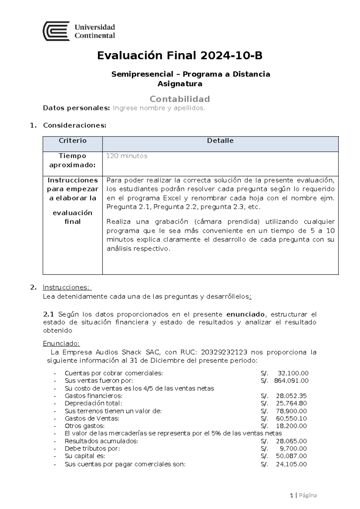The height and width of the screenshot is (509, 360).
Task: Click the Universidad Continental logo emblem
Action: pos(56,31)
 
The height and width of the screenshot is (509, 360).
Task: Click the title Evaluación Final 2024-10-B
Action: pos(180,56)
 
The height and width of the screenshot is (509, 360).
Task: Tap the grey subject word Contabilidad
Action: pos(180,99)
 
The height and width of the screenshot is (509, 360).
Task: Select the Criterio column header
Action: pos(73,140)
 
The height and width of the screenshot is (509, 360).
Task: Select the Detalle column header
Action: pos(220,140)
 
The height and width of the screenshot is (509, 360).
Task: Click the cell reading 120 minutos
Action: pos(127,156)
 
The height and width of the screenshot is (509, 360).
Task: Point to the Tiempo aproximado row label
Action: pos(73,160)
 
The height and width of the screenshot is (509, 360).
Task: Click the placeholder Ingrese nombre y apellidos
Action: pos(159,108)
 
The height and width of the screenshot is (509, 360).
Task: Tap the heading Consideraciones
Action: pos(75,125)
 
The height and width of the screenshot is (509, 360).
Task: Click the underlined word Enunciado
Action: pos(61,343)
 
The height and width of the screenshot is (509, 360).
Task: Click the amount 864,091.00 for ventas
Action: pos(291,381)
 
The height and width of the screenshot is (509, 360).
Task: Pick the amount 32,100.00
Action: pos(293,373)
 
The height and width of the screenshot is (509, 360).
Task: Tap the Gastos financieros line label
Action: pos(93,396)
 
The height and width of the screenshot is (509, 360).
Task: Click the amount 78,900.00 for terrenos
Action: pos(291,411)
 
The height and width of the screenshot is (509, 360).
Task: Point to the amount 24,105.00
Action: pos(291,464)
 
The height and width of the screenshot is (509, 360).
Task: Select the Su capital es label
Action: pos(85,456)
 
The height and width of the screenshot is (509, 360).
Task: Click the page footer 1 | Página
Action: pos(303,495)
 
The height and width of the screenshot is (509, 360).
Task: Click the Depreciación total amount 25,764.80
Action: pos(291,403)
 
